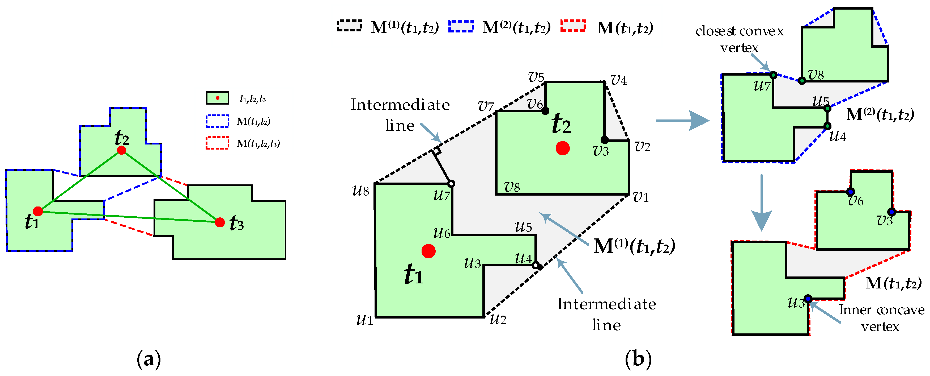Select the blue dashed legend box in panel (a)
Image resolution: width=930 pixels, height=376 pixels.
217,121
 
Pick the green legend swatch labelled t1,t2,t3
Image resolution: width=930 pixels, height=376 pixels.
217,98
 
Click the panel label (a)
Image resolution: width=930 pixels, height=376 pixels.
149,360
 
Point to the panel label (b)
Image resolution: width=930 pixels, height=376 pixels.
638,360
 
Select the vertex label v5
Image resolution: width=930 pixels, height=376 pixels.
536,77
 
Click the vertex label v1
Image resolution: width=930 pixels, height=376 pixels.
641,197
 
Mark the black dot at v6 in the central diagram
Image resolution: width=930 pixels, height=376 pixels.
545,111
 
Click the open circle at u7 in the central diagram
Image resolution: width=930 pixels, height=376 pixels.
451,184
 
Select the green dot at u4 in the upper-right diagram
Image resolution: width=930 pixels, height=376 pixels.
827,126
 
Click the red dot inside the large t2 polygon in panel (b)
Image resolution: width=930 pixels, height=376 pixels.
562,148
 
